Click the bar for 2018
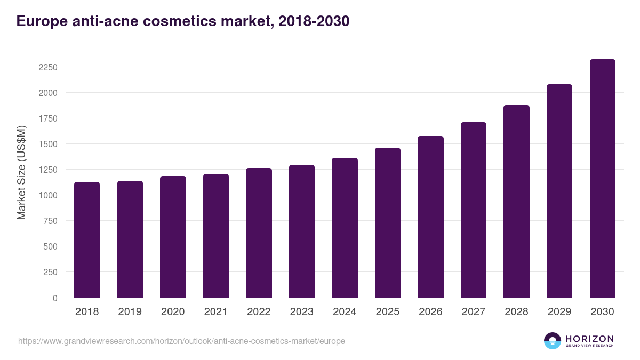tap(87, 240)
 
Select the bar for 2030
tap(602, 179)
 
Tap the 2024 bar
tap(345, 228)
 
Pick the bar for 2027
tap(474, 210)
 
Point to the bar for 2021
tap(216, 236)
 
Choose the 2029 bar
tap(559, 191)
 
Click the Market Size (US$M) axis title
tap(21, 172)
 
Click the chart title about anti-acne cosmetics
tap(183, 21)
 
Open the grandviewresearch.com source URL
tap(181, 341)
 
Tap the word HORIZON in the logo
tap(589, 338)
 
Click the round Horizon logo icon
tap(553, 341)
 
